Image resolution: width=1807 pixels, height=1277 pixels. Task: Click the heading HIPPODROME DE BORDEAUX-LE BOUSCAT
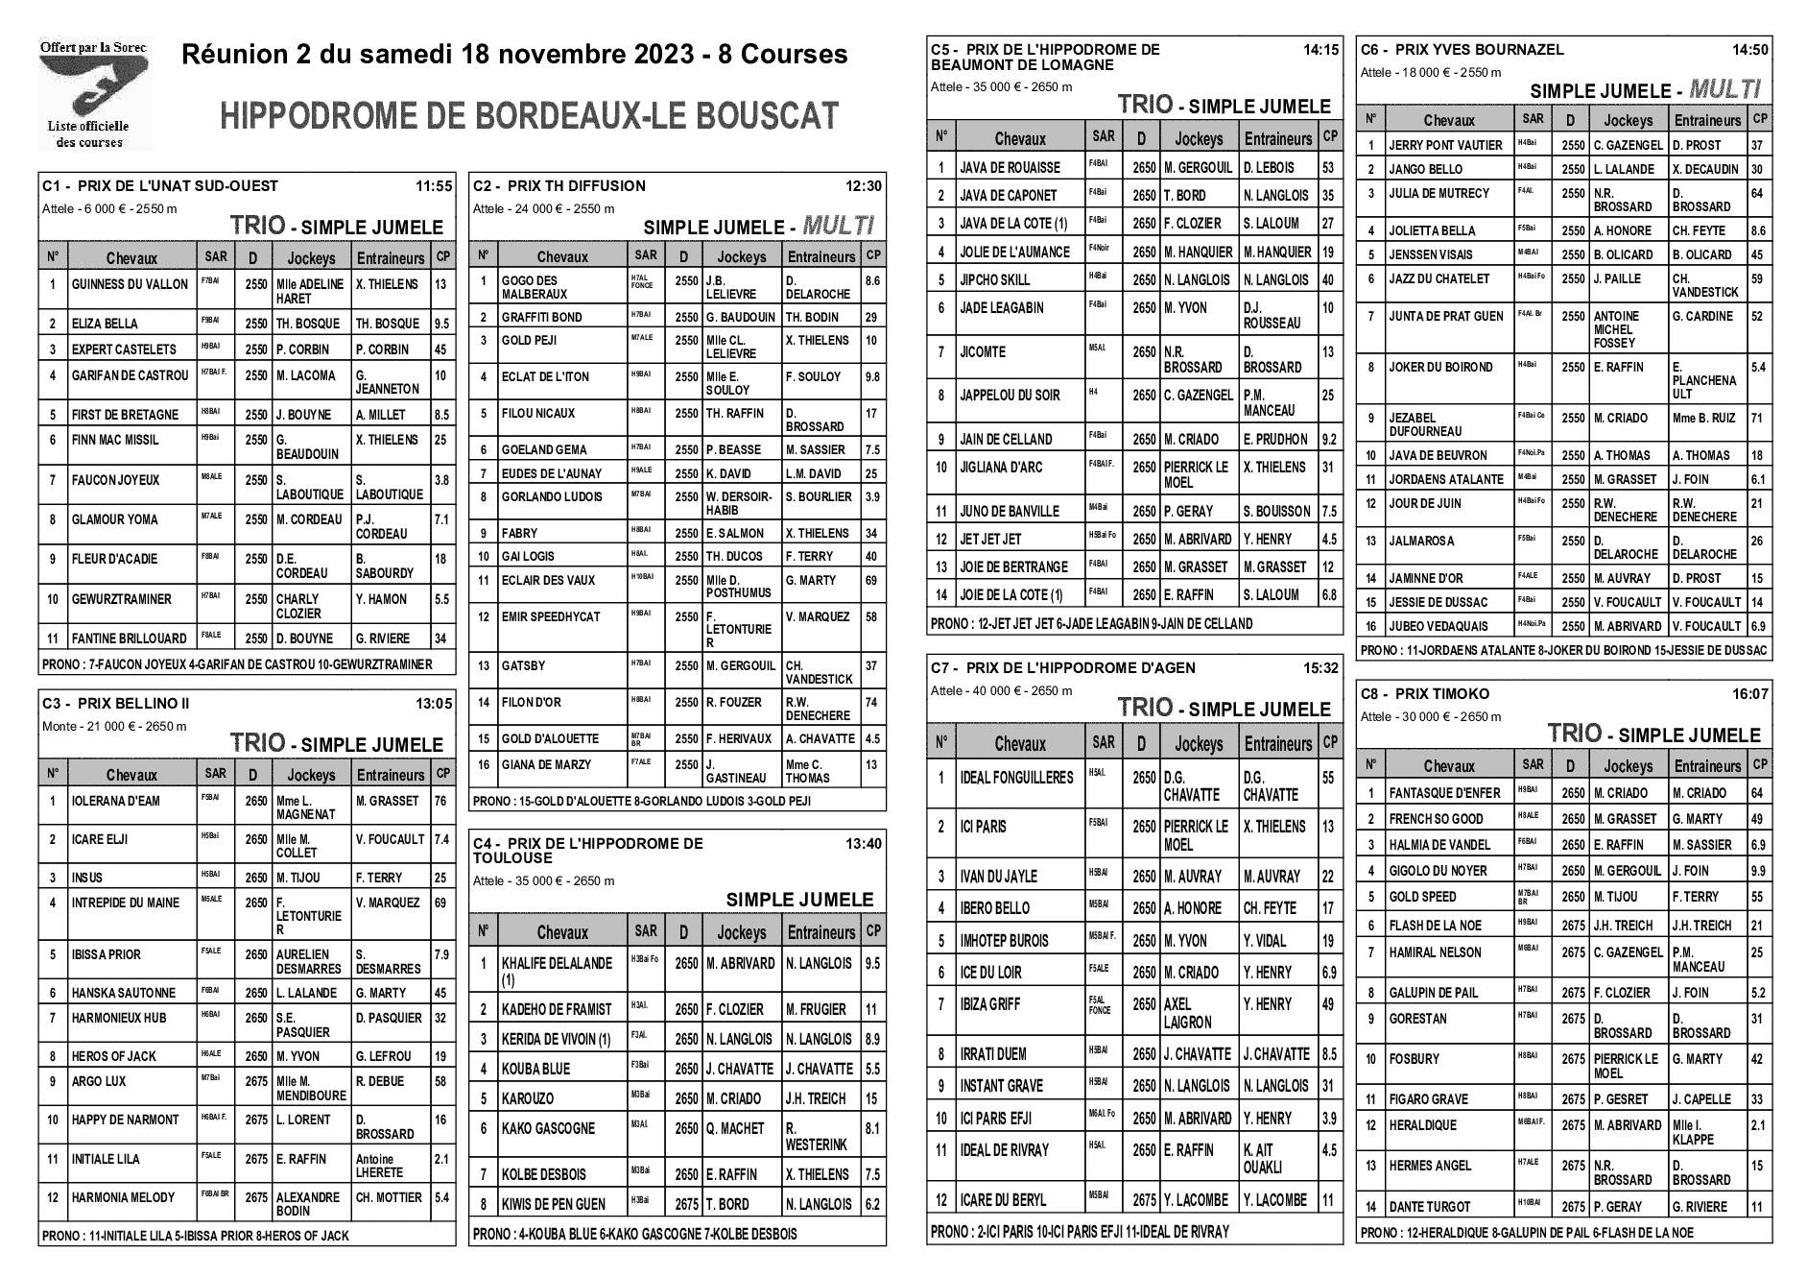pyautogui.click(x=530, y=116)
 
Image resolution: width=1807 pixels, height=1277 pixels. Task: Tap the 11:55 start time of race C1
pyautogui.click(x=433, y=186)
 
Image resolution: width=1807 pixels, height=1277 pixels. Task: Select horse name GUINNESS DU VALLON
pyautogui.click(x=130, y=284)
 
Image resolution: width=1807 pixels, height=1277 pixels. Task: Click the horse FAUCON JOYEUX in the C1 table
pyautogui.click(x=115, y=480)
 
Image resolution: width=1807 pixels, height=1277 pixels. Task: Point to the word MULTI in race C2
pyautogui.click(x=838, y=227)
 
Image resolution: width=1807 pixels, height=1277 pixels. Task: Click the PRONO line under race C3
pyautogui.click(x=196, y=1236)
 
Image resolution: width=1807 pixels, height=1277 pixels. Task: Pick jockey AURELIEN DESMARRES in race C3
pyautogui.click(x=308, y=961)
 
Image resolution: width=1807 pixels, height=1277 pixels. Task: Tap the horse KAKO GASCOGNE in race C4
pyautogui.click(x=548, y=1128)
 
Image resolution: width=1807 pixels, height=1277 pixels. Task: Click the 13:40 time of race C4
pyautogui.click(x=863, y=843)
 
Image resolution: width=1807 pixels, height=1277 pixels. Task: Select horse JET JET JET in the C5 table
pyautogui.click(x=990, y=539)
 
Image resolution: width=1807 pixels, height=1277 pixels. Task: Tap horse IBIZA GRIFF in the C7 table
pyautogui.click(x=989, y=1004)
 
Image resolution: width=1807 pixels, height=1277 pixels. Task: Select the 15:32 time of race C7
pyautogui.click(x=1320, y=668)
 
